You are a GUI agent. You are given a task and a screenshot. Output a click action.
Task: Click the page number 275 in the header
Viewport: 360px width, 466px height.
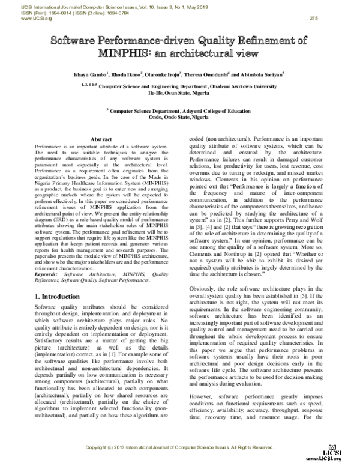[313, 18]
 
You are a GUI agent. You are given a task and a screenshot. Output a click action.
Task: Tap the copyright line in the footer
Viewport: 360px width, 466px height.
[180, 448]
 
